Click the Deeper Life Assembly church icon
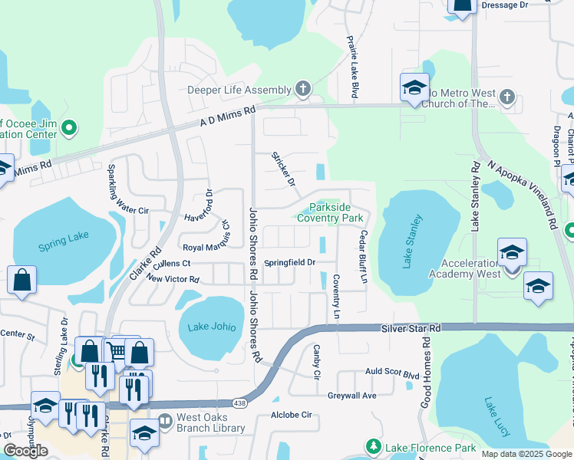pyautogui.click(x=303, y=90)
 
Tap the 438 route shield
pyautogui.click(x=239, y=405)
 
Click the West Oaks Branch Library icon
pyautogui.click(x=165, y=421)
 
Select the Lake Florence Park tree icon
pyautogui.click(x=373, y=446)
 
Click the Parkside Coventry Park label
pyautogui.click(x=335, y=213)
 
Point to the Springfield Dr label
pyautogui.click(x=290, y=263)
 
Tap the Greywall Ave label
pyautogui.click(x=352, y=396)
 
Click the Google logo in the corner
pyautogui.click(x=25, y=451)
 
